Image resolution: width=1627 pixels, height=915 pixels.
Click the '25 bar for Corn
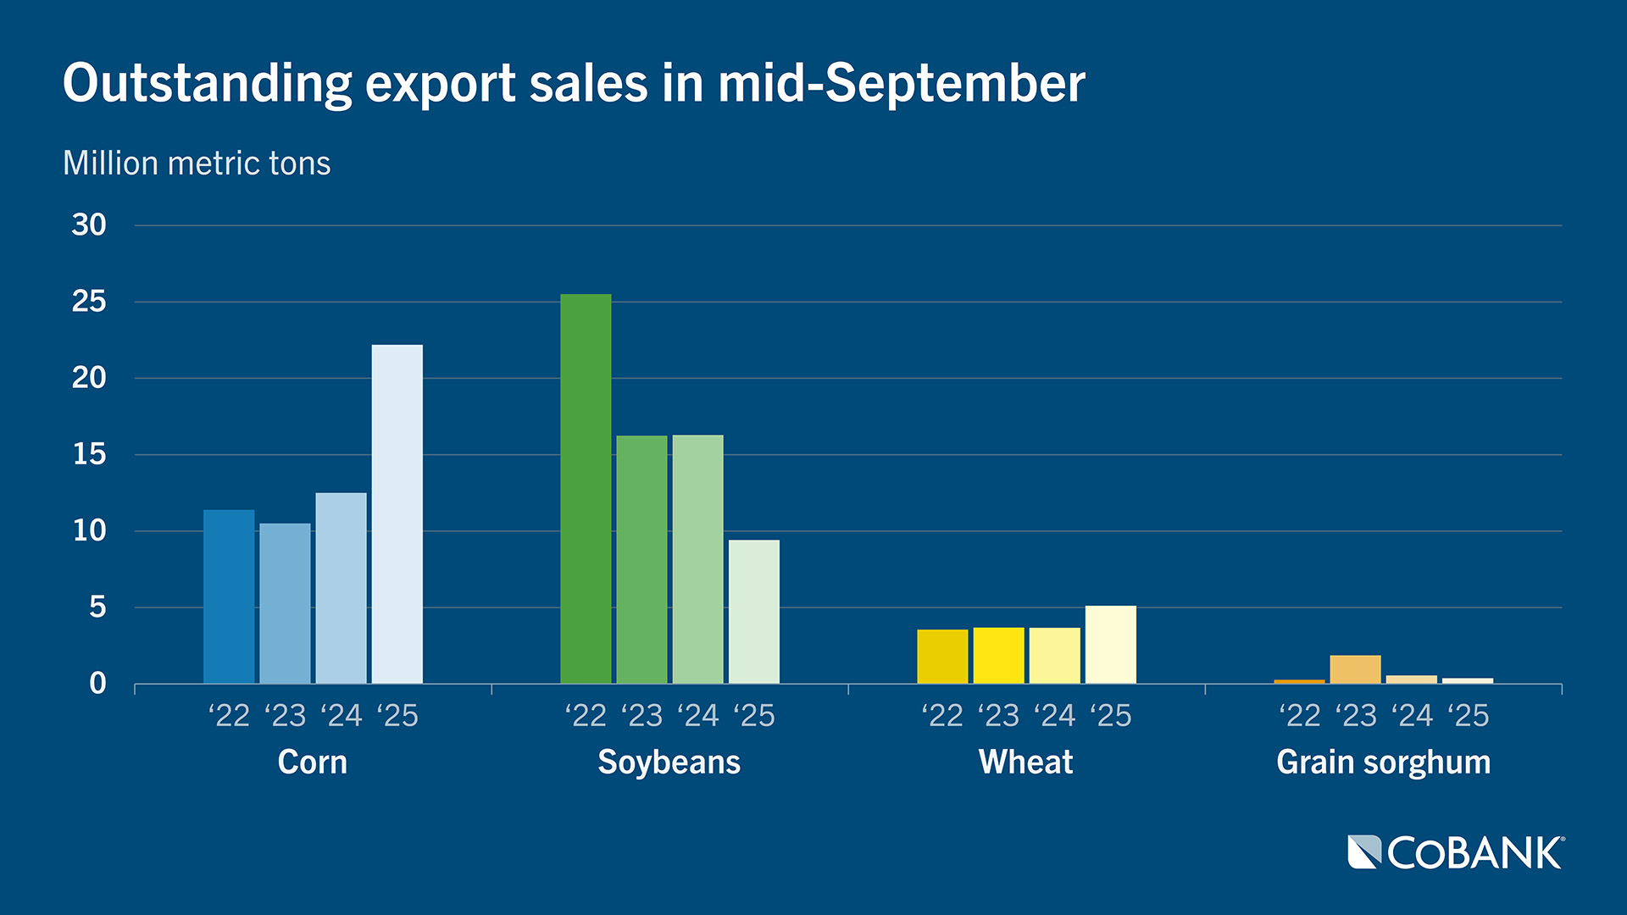(397, 513)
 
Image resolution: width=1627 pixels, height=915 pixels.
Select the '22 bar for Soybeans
(586, 488)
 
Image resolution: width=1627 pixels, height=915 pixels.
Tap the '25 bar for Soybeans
(753, 611)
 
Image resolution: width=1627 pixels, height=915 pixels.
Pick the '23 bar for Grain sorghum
(1355, 669)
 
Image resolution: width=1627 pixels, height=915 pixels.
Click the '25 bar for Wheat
(1110, 644)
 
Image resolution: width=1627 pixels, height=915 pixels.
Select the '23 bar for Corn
(285, 602)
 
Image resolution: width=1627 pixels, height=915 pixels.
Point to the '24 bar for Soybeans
(697, 558)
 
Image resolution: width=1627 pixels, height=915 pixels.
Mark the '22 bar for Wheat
(942, 656)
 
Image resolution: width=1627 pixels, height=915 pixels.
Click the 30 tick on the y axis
(89, 225)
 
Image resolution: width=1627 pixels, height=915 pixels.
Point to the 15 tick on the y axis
(89, 455)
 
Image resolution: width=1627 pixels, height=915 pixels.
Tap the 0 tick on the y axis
(97, 684)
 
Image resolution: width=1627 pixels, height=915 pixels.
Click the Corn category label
(313, 762)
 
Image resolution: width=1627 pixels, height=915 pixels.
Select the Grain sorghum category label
(1383, 762)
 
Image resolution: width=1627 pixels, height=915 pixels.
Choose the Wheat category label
(1025, 762)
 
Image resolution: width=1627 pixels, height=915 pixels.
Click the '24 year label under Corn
(342, 716)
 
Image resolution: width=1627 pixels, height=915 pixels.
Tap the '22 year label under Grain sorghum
(1300, 716)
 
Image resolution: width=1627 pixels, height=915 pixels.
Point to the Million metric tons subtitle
(197, 164)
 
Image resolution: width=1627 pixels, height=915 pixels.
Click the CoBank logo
(1455, 852)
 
